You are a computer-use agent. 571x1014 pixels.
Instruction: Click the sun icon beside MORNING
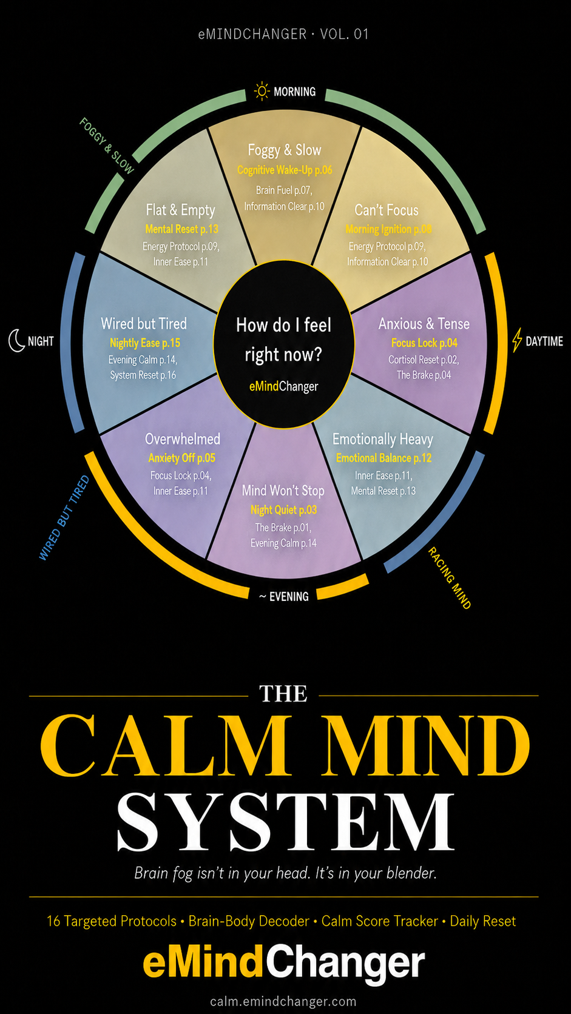pos(262,91)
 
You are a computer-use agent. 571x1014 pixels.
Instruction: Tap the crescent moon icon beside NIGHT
pos(16,340)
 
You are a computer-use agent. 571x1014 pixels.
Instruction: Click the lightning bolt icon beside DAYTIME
pos(516,340)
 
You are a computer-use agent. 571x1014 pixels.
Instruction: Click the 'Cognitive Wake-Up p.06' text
pos(285,170)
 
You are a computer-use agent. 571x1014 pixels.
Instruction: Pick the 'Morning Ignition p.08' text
pos(388,229)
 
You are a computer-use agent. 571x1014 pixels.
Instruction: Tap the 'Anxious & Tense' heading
pos(424,324)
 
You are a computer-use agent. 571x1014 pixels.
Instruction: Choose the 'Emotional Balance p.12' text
pos(383,458)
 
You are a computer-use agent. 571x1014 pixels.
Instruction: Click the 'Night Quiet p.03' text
pos(283,510)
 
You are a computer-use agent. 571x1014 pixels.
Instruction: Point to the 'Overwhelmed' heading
pos(183,438)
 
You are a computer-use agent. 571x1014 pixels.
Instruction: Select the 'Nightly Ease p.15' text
pos(145,343)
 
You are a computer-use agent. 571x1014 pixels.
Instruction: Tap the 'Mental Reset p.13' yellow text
pos(181,229)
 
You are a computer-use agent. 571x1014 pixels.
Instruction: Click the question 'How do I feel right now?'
pos(283,340)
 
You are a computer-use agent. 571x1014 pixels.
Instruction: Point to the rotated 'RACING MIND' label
pos(450,578)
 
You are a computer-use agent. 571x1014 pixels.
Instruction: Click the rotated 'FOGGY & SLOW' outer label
pos(107,146)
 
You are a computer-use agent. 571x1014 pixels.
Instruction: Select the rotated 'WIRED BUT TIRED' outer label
pos(64,518)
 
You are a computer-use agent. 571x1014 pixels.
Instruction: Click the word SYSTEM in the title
pos(285,822)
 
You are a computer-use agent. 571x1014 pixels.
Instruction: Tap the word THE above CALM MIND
pos(283,694)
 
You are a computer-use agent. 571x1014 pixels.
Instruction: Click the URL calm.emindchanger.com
pos(283,1001)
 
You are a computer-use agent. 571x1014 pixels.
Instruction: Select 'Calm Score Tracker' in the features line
pos(379,921)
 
